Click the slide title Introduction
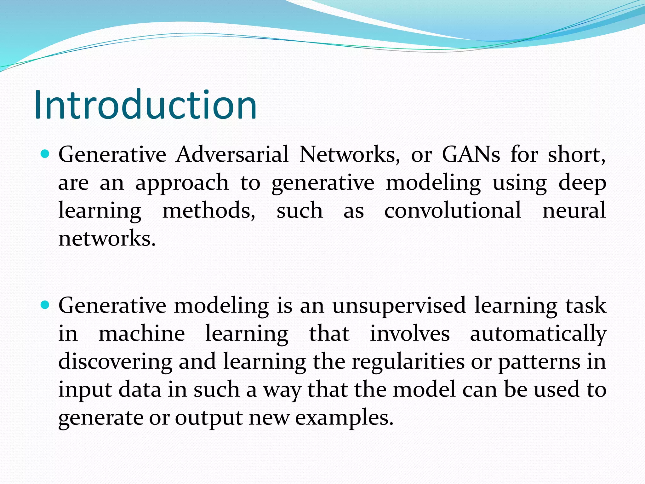tap(146, 105)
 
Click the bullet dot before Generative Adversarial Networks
tap(46, 154)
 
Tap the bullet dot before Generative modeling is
tap(46, 305)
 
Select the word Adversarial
tap(232, 154)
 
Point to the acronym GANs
tap(471, 154)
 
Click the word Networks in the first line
tap(349, 154)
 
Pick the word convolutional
tap(453, 210)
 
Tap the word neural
tap(574, 210)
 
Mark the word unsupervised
tap(399, 306)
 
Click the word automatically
tap(538, 334)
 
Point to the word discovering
tap(115, 362)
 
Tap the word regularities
tap(408, 362)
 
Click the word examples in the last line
tap(344, 418)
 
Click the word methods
tap(208, 210)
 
